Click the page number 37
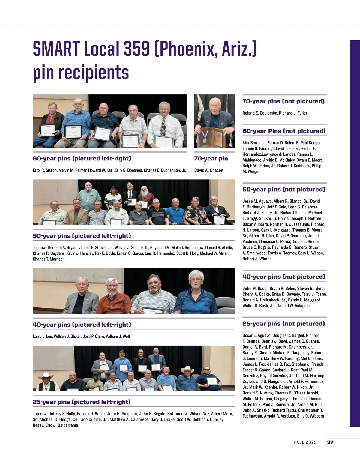330,442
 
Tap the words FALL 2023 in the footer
305,442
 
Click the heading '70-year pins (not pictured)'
283,101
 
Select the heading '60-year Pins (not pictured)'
284,131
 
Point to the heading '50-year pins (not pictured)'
283,190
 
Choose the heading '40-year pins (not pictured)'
283,277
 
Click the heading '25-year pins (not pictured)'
283,324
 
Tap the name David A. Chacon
208,170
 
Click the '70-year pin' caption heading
211,159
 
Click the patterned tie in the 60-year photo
163,126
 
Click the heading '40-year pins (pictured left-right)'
82,325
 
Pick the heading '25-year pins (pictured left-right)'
82,402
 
